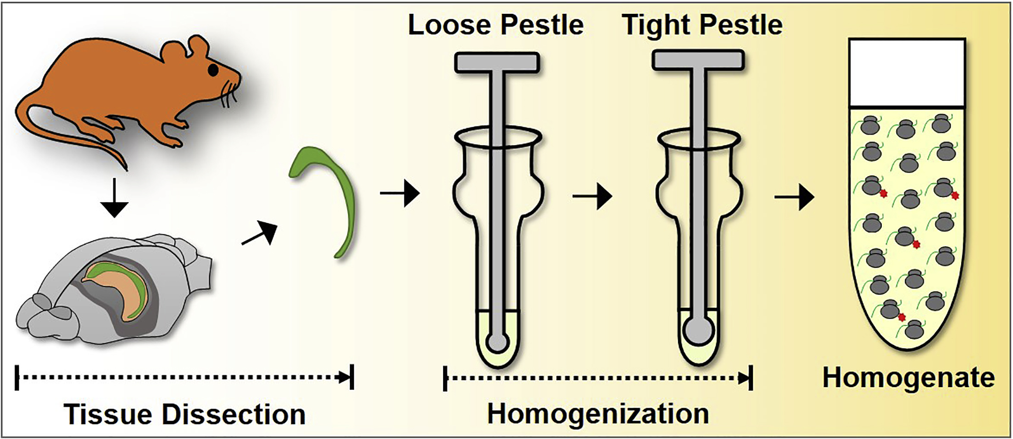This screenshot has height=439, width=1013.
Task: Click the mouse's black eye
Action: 213,70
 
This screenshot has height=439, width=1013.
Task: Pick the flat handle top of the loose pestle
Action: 497,62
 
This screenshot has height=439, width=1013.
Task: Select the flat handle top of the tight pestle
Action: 698,60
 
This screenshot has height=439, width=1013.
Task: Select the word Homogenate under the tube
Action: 908,378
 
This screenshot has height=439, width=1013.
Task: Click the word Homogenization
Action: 598,414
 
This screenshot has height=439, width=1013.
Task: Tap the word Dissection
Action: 234,415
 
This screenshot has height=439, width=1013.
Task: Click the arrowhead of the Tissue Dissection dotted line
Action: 344,378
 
